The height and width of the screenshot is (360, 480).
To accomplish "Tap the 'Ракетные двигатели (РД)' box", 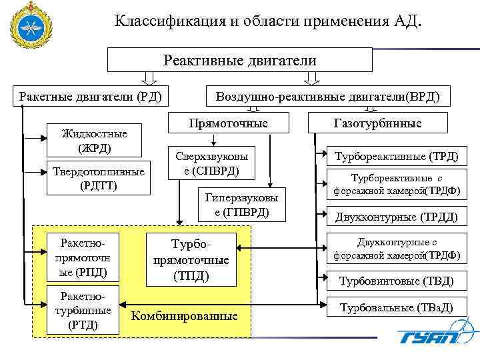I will [90, 97].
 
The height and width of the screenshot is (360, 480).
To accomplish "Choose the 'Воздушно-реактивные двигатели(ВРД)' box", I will [327, 97].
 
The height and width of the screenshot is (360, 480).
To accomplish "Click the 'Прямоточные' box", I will [229, 123].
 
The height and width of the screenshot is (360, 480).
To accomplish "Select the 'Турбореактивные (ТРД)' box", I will [397, 157].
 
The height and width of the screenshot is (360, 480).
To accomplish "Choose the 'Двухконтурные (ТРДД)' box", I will [397, 216].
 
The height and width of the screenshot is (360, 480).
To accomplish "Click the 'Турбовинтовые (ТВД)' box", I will [397, 280].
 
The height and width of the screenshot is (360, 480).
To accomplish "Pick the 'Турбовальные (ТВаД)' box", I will [397, 308].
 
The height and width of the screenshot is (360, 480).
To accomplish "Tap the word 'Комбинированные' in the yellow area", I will [185, 315].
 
